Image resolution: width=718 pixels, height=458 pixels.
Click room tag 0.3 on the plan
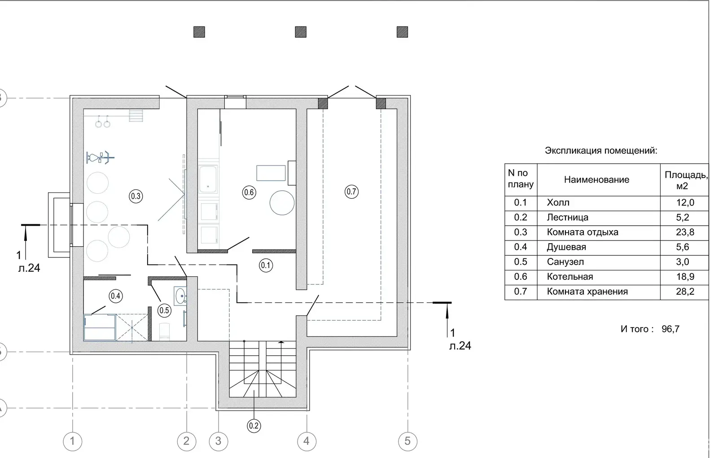[136, 196]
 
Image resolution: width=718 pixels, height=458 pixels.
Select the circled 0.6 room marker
[249, 192]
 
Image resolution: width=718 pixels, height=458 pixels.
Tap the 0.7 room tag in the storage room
[351, 192]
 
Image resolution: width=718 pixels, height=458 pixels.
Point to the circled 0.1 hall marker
[266, 266]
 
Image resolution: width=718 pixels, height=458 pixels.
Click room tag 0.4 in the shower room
[115, 296]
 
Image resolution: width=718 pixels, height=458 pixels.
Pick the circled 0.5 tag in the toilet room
[164, 310]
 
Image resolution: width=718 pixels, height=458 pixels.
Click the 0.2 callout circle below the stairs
[254, 426]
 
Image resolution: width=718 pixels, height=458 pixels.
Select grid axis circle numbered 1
[72, 441]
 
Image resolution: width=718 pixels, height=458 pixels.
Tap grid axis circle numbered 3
[218, 441]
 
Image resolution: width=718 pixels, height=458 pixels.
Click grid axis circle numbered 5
[407, 441]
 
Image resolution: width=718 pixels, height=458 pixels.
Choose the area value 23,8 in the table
[685, 232]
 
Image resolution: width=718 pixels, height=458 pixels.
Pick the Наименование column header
[596, 179]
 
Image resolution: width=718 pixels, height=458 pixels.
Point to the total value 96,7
[670, 329]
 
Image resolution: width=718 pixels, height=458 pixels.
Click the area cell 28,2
[685, 291]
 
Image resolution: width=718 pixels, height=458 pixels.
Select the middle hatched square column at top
[301, 32]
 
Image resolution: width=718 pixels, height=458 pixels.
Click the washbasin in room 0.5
[180, 296]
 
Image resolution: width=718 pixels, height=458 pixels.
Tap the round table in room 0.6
[282, 203]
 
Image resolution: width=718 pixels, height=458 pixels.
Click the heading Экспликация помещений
[601, 151]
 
